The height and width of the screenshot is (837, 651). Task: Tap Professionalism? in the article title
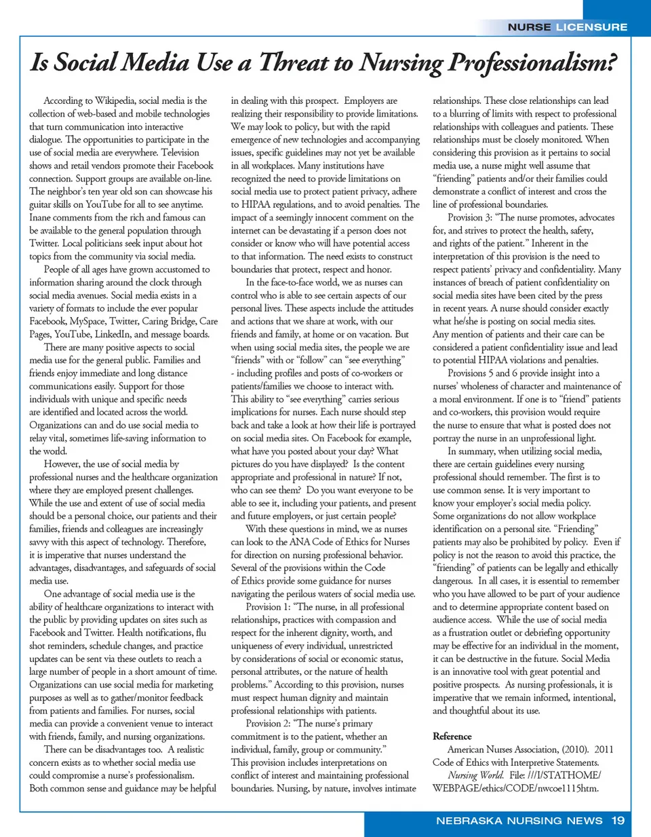(532, 63)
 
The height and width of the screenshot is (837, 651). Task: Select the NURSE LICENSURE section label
(568, 27)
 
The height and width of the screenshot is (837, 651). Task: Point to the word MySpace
(87, 321)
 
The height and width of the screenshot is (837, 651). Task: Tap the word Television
(176, 153)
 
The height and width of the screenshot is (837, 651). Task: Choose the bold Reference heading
(452, 737)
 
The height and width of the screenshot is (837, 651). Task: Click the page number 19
(618, 821)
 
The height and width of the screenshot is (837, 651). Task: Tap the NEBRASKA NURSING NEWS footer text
(519, 821)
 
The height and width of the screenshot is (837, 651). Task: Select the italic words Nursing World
(475, 775)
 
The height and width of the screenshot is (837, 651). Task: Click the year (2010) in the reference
(575, 749)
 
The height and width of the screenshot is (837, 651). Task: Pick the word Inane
(41, 217)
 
